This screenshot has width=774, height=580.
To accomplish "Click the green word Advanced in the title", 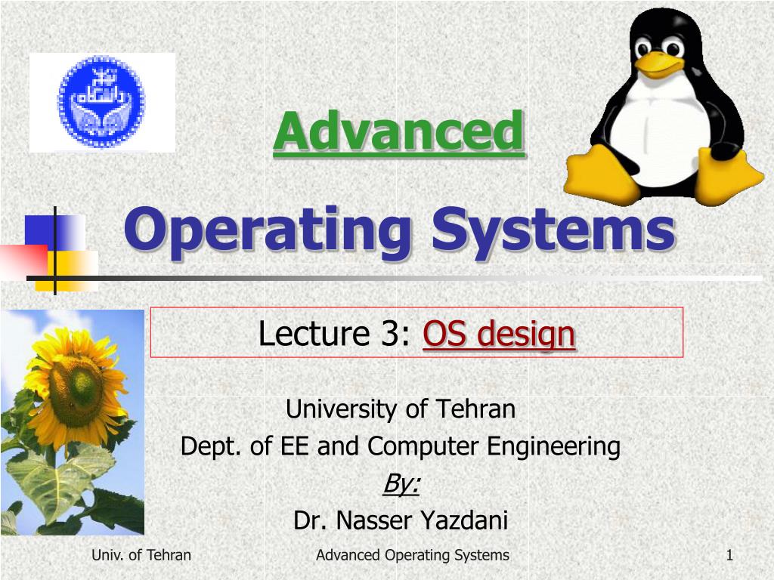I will coord(398,131).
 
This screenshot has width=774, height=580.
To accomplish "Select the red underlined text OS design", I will coord(499,333).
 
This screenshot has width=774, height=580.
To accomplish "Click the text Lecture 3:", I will coord(336,333).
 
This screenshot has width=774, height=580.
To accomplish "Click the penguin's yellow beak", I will coord(659,61).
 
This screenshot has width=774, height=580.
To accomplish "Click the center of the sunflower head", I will coord(76,390).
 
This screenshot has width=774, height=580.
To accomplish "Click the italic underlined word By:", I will coord(401,483).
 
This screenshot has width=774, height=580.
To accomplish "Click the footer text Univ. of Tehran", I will coord(141,556).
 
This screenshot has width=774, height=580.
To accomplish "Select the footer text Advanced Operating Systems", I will coord(412,556).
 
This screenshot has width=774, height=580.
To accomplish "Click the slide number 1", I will coord(729,556).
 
